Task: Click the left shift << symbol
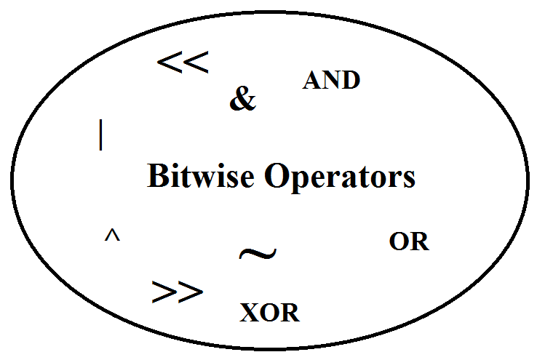point(183,63)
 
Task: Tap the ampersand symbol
point(243,99)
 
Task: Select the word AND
point(331,80)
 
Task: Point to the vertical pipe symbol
point(101,135)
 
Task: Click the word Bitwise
point(201,176)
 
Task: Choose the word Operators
point(340,177)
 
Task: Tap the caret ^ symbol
point(112,235)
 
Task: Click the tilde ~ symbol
point(258,253)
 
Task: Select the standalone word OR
point(409,241)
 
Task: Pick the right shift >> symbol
point(178,292)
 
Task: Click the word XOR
point(270,313)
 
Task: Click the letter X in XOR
point(250,313)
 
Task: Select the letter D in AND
point(350,80)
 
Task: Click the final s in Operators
point(409,180)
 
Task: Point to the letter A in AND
point(311,80)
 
